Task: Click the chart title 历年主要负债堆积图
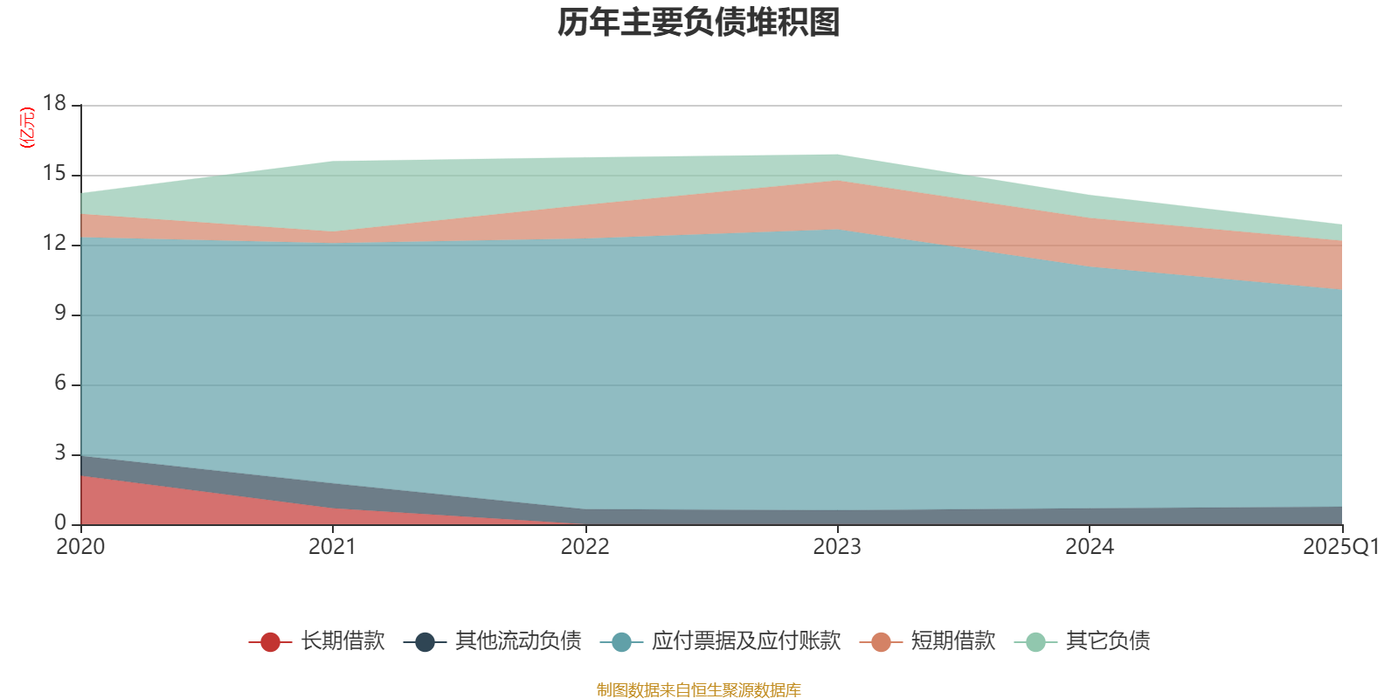pyautogui.click(x=699, y=23)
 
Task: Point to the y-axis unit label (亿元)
pyautogui.click(x=27, y=128)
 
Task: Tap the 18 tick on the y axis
pyautogui.click(x=54, y=103)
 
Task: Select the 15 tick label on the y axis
pyautogui.click(x=54, y=174)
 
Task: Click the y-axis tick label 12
pyautogui.click(x=54, y=243)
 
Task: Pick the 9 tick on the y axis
pyautogui.click(x=59, y=313)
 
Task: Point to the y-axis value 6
pyautogui.click(x=59, y=383)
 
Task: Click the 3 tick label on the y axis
pyautogui.click(x=59, y=453)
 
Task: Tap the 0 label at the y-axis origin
pyautogui.click(x=59, y=523)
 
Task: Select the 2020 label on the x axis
pyautogui.click(x=80, y=547)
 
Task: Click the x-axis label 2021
pyautogui.click(x=332, y=547)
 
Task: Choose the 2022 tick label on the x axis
pyautogui.click(x=585, y=547)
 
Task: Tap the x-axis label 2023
pyautogui.click(x=837, y=547)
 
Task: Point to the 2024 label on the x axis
pyautogui.click(x=1089, y=547)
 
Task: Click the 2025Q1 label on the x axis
pyautogui.click(x=1340, y=547)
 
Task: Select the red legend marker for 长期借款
pyautogui.click(x=270, y=642)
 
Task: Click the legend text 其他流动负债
pyautogui.click(x=518, y=641)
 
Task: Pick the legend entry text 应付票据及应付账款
pyautogui.click(x=745, y=641)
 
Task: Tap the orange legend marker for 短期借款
pyautogui.click(x=881, y=642)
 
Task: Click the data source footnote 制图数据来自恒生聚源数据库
pyautogui.click(x=699, y=690)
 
